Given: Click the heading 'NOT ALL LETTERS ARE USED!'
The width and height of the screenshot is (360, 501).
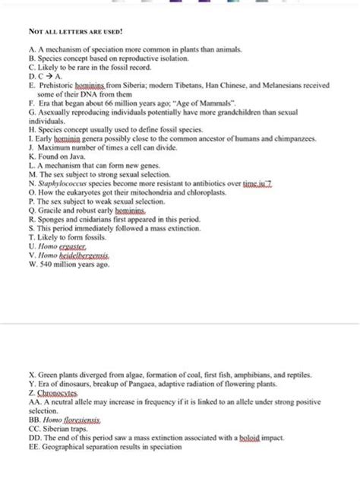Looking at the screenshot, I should pos(74,34).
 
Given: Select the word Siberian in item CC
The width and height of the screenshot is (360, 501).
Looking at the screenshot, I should pos(56,428).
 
